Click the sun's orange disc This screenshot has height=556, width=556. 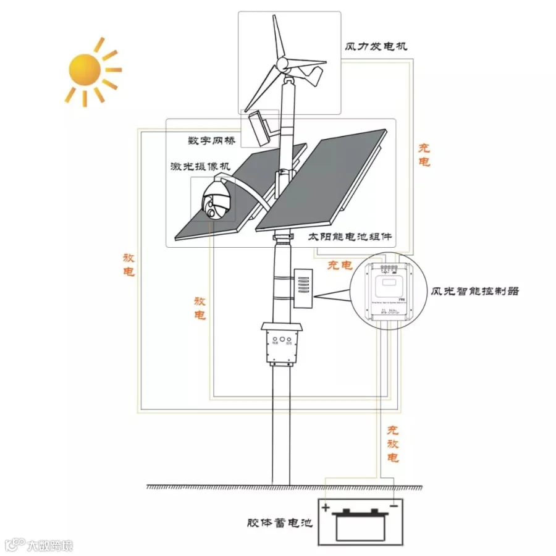[x=85, y=70]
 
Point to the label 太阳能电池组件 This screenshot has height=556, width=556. [x=350, y=237]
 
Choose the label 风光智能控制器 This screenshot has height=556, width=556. [x=474, y=290]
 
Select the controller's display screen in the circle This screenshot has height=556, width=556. [x=388, y=286]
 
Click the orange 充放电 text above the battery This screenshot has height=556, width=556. [x=393, y=444]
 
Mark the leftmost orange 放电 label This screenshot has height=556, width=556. [x=129, y=264]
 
